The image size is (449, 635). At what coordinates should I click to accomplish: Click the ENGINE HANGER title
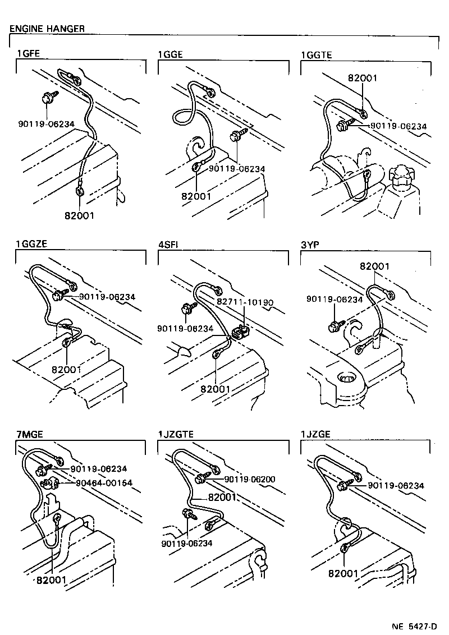click(47, 28)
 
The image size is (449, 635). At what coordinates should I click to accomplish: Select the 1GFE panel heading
click(28, 54)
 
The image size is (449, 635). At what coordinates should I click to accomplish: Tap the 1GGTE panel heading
click(317, 55)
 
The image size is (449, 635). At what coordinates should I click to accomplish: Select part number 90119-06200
click(249, 479)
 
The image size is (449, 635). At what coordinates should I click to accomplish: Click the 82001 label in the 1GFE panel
click(79, 216)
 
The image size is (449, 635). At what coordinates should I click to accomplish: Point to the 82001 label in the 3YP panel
click(374, 266)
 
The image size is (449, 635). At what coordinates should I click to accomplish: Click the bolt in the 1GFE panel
click(47, 98)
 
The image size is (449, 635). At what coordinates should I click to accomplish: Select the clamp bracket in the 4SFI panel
click(240, 331)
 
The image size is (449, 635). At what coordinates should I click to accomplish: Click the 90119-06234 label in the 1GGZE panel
click(107, 297)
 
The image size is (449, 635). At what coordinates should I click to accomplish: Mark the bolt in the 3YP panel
click(336, 325)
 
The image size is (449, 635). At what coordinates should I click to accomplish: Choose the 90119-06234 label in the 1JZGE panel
click(396, 486)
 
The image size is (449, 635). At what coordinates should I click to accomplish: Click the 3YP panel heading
click(310, 245)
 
